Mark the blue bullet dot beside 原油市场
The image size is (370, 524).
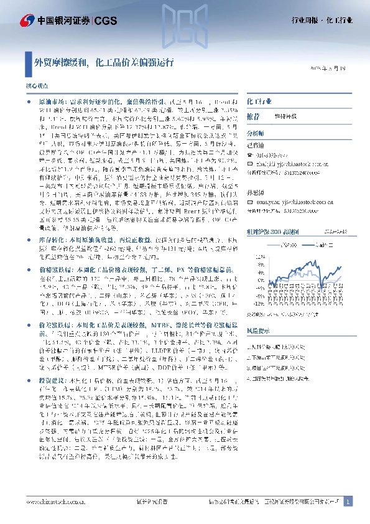point(30,100)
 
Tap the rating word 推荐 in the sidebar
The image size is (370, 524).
point(254,116)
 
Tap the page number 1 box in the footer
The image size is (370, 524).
point(348,501)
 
